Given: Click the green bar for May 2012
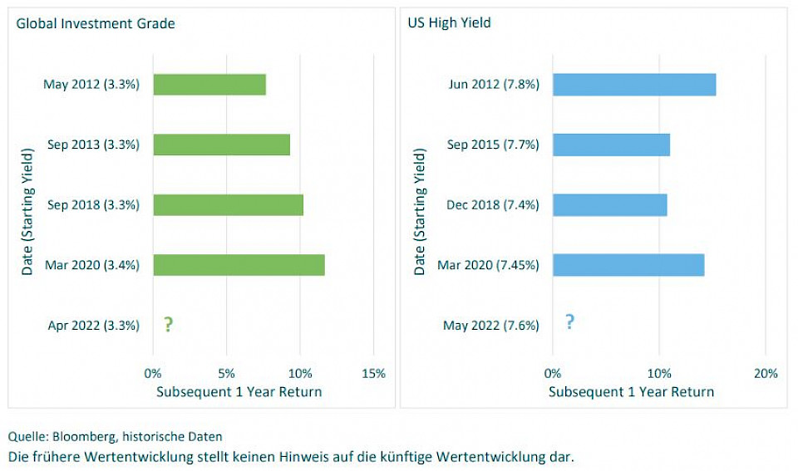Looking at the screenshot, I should [209, 85].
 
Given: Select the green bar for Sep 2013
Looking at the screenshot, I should [221, 145].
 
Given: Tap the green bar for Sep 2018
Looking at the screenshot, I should [228, 204].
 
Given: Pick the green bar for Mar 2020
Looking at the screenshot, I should [239, 265].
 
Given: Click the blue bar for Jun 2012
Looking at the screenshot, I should [634, 85].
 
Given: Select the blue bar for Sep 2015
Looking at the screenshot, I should [611, 145].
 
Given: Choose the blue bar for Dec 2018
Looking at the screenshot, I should [609, 204].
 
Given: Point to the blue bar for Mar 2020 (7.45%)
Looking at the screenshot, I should [628, 265].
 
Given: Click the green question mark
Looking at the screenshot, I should [169, 325].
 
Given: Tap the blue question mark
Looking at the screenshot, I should [569, 322].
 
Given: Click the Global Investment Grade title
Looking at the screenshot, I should [96, 23].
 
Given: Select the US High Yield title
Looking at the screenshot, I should [449, 23].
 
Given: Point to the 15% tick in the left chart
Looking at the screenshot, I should [373, 374].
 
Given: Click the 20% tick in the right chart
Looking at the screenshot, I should [765, 374].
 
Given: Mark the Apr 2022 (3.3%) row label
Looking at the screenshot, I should [93, 326].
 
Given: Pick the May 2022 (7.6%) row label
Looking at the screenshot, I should [490, 326].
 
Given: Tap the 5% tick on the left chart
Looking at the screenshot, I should [227, 374].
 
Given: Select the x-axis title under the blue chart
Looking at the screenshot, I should [631, 392].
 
